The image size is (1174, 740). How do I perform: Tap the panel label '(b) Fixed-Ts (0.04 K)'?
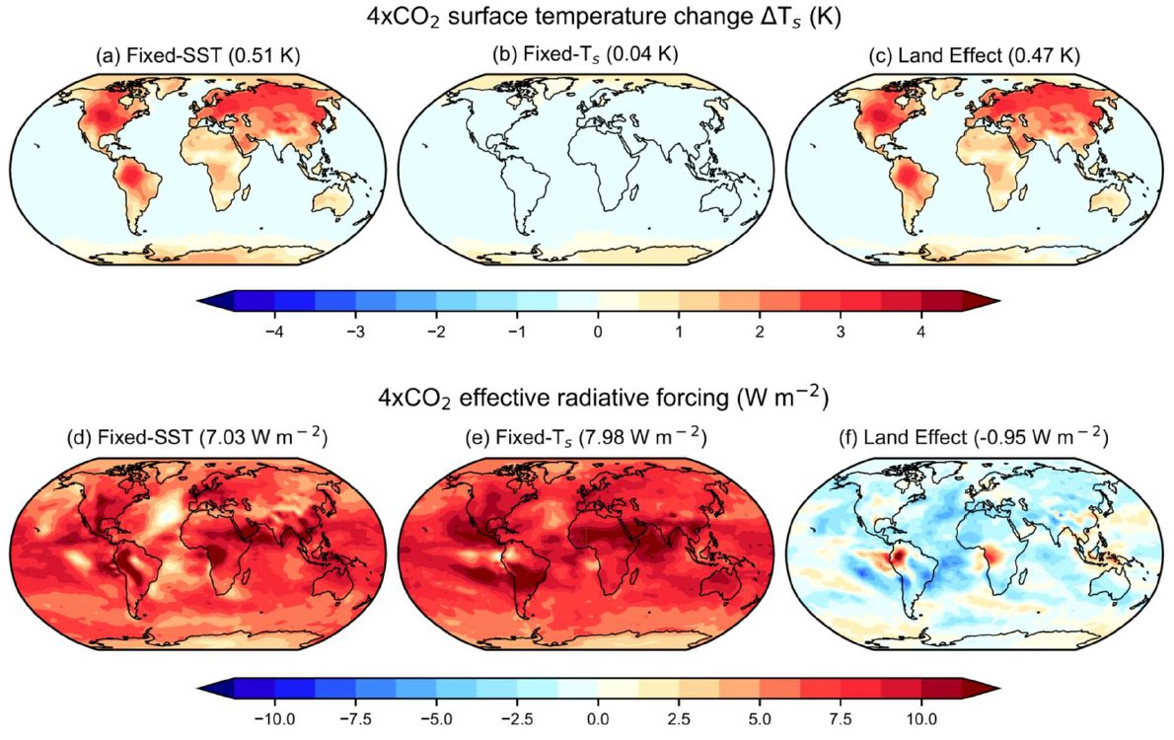click(x=587, y=56)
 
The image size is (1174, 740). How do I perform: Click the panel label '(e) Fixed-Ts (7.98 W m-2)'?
click(x=587, y=437)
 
